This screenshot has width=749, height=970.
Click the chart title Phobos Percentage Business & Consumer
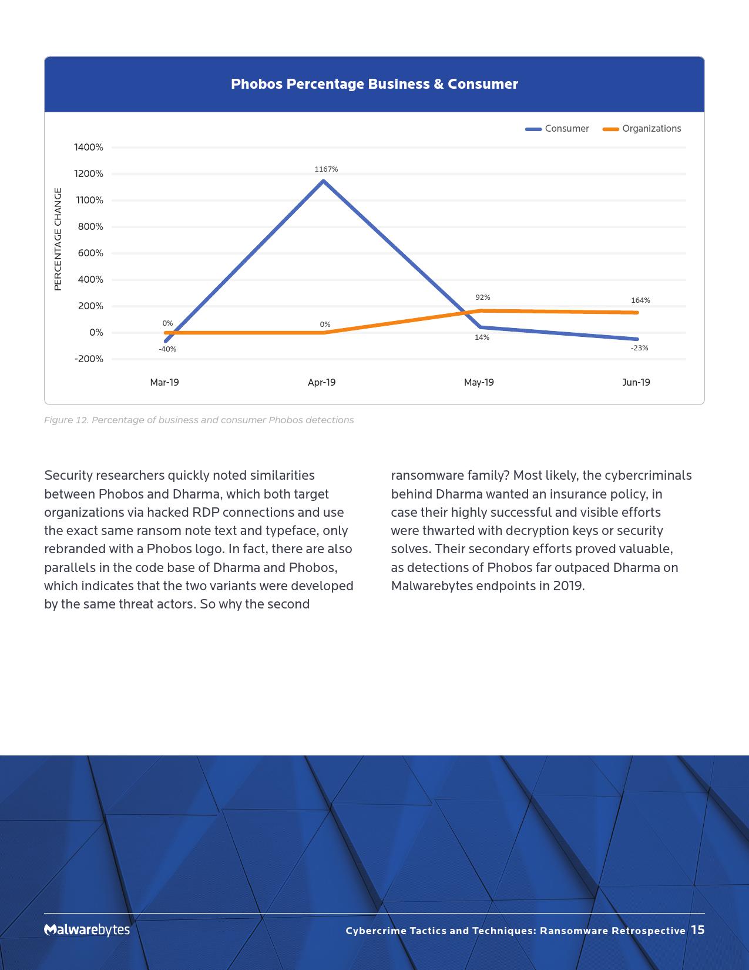374,84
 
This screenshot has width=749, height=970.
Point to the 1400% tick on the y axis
89,148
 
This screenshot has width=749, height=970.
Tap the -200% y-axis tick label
89,359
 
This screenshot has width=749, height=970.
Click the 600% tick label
90,253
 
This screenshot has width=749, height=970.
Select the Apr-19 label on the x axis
321,383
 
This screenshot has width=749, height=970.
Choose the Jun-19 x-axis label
636,383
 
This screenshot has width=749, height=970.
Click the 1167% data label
326,169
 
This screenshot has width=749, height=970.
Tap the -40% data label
167,349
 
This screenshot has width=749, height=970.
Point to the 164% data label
640,300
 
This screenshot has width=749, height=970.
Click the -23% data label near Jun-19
639,348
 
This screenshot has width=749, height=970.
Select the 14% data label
482,337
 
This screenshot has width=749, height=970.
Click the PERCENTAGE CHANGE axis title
58,239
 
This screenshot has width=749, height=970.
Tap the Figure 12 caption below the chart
199,420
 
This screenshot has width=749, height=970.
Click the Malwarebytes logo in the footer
87,929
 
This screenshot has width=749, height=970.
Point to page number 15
697,929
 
